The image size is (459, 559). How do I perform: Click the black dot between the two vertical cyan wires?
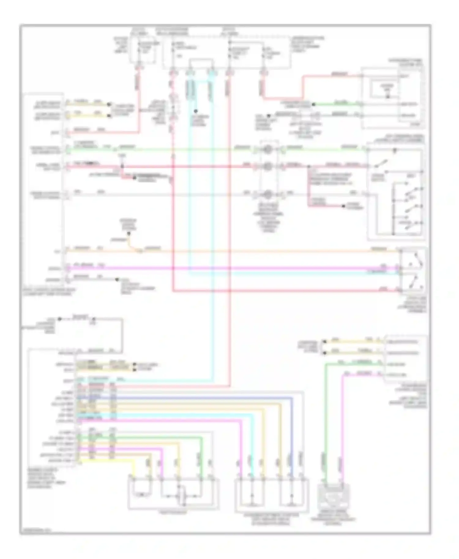point(196,111)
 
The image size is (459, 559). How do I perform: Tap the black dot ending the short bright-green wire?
point(313,105)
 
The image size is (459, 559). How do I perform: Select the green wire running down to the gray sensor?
point(326,422)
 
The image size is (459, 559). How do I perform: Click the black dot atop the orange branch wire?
point(129,234)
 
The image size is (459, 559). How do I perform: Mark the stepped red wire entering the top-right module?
point(303,86)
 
